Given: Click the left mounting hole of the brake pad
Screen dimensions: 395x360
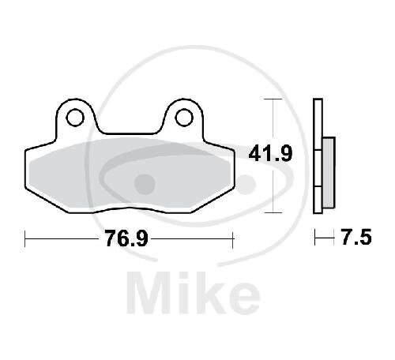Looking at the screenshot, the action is pos(75,118).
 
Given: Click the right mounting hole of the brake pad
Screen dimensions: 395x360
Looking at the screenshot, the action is pos(184,118).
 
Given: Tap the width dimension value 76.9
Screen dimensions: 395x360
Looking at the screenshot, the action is pos(126,238).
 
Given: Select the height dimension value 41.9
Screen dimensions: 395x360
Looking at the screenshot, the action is pos(270,154).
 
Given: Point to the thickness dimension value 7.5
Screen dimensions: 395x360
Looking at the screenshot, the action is pos(356,237).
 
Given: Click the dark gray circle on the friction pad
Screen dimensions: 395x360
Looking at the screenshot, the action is pos(145,184).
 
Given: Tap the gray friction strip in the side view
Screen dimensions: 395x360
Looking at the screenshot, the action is pos(329,173).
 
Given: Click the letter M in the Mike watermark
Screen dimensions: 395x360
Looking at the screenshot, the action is pos(148,293).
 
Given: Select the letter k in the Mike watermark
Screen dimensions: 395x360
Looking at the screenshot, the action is pos(211,293).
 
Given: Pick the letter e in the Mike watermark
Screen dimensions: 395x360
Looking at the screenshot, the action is pos(243,298).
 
